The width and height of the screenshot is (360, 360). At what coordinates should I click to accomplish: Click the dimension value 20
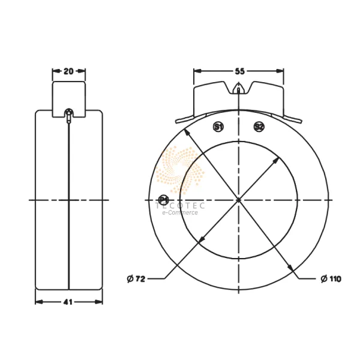click(68, 71)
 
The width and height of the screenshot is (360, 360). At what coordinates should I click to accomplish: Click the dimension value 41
click(68, 302)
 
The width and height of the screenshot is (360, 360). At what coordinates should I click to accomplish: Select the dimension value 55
click(239, 71)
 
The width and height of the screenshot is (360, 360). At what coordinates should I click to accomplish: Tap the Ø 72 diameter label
click(137, 278)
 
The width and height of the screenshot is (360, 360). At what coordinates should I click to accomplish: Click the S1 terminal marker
click(219, 127)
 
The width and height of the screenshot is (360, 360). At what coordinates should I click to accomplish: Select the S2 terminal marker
click(259, 127)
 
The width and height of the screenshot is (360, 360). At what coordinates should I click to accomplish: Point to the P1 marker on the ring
click(163, 199)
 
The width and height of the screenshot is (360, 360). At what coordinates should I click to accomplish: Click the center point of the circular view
click(239, 199)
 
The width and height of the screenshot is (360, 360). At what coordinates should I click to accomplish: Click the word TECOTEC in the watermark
click(180, 205)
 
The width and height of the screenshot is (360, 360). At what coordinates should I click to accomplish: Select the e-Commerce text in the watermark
click(180, 212)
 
